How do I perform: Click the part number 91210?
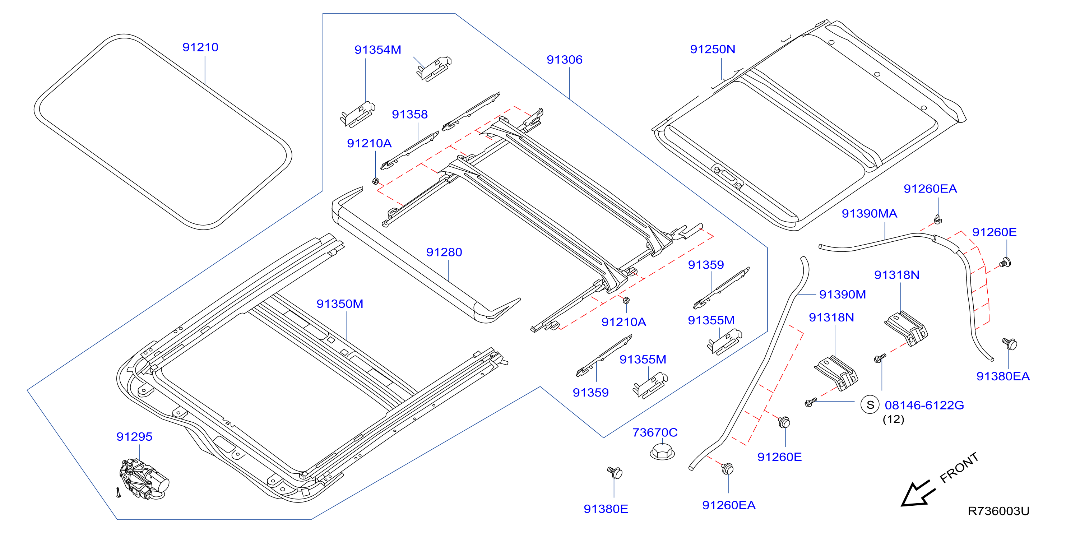[x=200, y=47]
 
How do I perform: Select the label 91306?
[x=564, y=60]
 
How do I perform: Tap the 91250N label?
[x=713, y=49]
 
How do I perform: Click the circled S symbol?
[x=870, y=405]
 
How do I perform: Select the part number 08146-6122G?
[x=924, y=405]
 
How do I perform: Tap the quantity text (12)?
[x=894, y=420]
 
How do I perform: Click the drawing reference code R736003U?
[x=998, y=511]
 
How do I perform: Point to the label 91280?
[x=444, y=252]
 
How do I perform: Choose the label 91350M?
[x=340, y=303]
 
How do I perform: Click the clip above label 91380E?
[x=615, y=472]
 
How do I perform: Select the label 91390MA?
[x=869, y=213]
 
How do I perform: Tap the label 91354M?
[x=378, y=50]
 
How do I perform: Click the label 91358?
[x=409, y=114]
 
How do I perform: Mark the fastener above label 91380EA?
[x=1009, y=344]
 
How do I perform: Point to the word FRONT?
[x=959, y=468]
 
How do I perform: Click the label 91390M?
[x=842, y=295]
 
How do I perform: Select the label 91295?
[x=134, y=436]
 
